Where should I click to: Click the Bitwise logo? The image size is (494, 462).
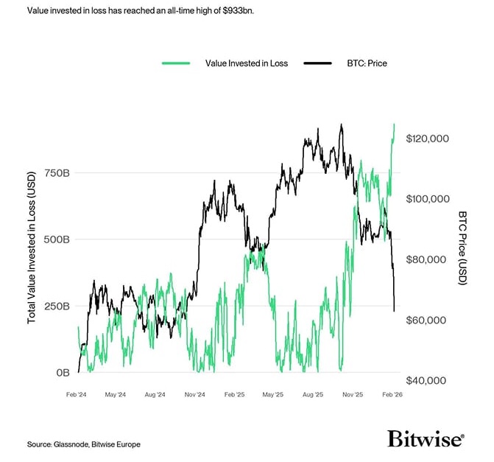tap(426, 439)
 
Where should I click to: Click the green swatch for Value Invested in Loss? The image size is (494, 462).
tap(176, 63)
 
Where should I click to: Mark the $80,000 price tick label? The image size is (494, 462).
tap(428, 259)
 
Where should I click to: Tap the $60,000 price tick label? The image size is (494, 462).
tap(428, 320)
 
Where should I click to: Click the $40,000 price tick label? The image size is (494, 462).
tap(428, 380)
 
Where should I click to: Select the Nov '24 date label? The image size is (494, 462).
tap(194, 395)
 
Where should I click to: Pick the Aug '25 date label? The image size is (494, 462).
tap(313, 395)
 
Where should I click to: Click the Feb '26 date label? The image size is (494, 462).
tap(392, 395)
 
